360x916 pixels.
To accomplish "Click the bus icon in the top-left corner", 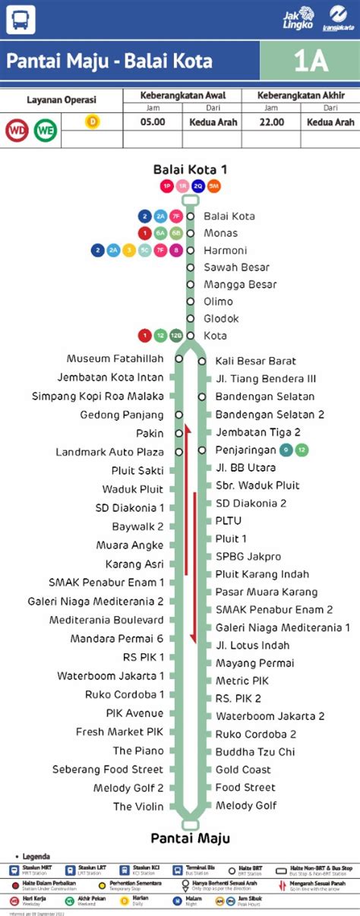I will click(21, 19).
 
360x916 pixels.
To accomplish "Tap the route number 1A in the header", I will click(310, 62).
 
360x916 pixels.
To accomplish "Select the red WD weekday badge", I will click(17, 130).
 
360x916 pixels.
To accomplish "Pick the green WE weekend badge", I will click(45, 130).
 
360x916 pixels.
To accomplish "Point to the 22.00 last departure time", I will click(271, 122).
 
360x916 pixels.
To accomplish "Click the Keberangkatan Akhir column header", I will click(301, 96).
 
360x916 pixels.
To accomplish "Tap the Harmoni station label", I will click(226, 250).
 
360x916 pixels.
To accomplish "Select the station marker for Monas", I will click(190, 233).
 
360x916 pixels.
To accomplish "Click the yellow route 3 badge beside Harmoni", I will click(128, 250).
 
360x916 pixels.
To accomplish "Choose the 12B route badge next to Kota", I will click(176, 336).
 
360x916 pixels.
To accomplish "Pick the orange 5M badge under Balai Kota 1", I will click(213, 186).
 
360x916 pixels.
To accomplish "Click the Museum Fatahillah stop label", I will click(115, 359).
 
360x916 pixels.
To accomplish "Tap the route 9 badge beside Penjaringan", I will click(285, 450).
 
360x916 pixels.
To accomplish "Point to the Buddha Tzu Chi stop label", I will click(254, 752).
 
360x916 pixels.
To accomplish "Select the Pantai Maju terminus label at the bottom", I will click(190, 839).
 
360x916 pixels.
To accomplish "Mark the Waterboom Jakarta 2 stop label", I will click(270, 716).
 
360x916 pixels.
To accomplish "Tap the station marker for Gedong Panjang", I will click(178, 415).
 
